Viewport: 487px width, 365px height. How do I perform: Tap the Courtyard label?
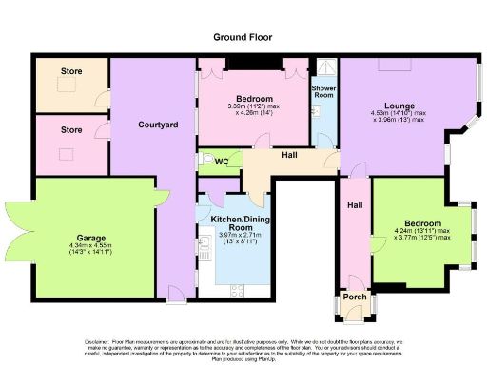[154, 125]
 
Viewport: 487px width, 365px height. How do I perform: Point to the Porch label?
[354, 296]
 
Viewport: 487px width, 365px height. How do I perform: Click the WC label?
[222, 162]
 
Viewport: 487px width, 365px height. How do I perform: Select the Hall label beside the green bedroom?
[354, 205]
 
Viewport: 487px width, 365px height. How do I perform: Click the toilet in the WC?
[206, 161]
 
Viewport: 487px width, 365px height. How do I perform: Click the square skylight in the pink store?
[67, 154]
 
